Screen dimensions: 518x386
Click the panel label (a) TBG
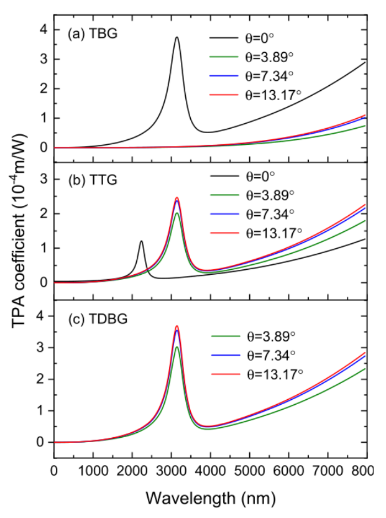click(88, 34)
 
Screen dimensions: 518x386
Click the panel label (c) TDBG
click(92, 319)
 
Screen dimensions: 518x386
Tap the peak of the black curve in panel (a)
click(177, 37)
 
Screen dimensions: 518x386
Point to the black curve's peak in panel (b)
click(142, 241)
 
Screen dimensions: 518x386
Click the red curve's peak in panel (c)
click(177, 326)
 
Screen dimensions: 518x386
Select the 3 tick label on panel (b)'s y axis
click(43, 179)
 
